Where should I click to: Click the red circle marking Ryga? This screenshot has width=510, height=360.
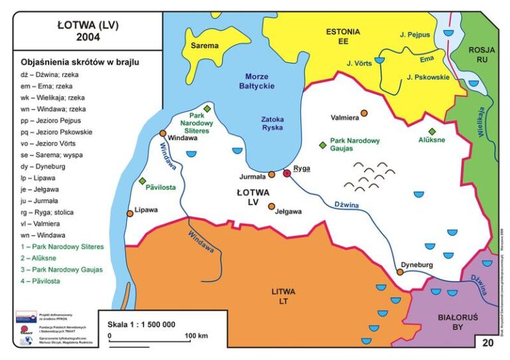(x=287, y=173)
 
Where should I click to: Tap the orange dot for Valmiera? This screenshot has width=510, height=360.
(x=363, y=114)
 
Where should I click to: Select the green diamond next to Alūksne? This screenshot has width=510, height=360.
(x=432, y=132)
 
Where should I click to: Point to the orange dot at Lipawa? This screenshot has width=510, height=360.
(x=130, y=213)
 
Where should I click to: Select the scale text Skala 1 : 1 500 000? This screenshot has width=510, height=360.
(x=141, y=324)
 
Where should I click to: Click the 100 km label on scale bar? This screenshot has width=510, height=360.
(x=197, y=335)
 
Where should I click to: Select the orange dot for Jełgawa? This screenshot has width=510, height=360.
(x=272, y=207)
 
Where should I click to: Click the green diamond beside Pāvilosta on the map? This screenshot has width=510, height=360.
(x=142, y=181)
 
